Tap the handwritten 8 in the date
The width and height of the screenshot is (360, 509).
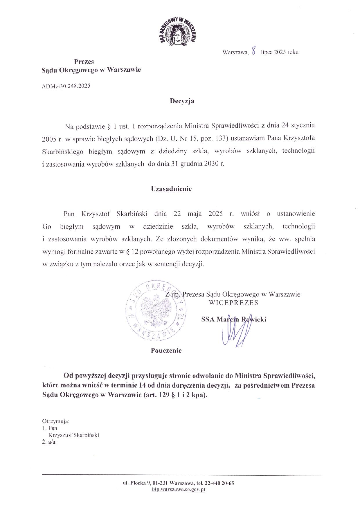pyautogui.click(x=254, y=52)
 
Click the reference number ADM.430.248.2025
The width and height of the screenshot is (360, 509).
pyautogui.click(x=66, y=86)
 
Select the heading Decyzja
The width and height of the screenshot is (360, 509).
pyautogui.click(x=182, y=101)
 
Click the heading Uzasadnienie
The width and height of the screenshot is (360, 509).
pyautogui.click(x=171, y=189)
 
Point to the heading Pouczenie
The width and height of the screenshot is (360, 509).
pyautogui.click(x=166, y=351)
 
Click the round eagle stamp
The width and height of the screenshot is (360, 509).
pyautogui.click(x=156, y=309)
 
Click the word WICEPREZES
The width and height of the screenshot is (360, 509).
pyautogui.click(x=233, y=302)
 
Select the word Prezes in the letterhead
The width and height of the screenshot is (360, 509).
pyautogui.click(x=84, y=62)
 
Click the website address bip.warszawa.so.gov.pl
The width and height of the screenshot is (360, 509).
pyautogui.click(x=179, y=489)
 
